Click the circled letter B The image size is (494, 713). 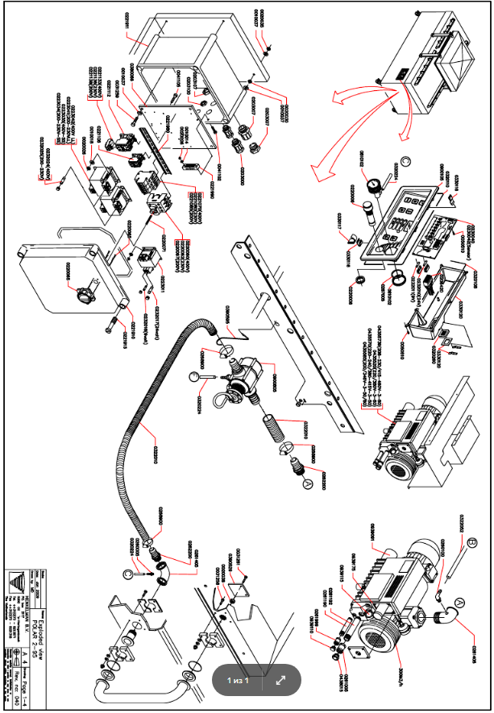(473, 541)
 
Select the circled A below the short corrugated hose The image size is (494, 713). (305, 484)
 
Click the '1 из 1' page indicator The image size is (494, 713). (237, 680)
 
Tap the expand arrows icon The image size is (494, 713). (280, 680)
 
